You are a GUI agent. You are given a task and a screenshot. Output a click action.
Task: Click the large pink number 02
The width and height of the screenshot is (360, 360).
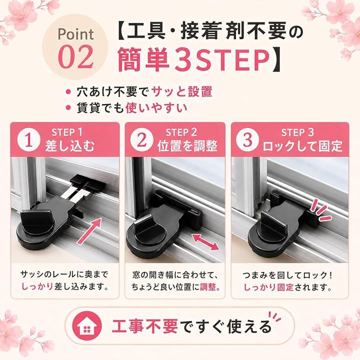76,56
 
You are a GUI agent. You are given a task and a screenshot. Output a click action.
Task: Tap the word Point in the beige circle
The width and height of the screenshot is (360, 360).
76,34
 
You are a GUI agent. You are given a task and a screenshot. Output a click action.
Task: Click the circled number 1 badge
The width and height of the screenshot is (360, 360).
28,140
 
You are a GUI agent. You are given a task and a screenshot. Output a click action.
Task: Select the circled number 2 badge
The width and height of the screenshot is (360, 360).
141,140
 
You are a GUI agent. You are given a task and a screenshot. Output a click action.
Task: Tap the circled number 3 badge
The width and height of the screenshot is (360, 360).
247,140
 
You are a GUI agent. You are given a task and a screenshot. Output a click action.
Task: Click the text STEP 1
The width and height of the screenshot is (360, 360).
67,132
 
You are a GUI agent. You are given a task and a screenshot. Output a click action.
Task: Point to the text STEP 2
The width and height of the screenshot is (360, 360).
181,132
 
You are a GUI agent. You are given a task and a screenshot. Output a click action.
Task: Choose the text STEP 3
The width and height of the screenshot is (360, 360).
297,132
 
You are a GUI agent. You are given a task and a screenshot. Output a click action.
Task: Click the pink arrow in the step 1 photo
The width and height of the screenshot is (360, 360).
89,231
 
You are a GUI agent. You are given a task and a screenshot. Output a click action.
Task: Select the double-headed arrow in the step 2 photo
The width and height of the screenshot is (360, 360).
205,242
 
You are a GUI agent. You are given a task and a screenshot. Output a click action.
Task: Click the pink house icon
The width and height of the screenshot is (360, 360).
87,326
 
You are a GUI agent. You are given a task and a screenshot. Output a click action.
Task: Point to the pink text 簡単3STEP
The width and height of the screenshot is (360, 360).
193,59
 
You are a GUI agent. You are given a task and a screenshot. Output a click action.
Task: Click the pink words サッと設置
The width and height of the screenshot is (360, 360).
182,92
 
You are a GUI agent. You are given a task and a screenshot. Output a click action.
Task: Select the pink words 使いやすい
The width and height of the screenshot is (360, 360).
156,108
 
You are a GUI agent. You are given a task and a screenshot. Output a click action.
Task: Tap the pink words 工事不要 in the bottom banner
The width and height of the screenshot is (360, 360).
144,326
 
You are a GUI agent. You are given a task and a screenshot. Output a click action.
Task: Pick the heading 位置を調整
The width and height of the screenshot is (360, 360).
187,146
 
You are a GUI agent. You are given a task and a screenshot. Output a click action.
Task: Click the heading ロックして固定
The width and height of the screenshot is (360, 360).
302,146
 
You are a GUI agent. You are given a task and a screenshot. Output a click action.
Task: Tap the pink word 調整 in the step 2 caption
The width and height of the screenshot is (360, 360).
208,287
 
